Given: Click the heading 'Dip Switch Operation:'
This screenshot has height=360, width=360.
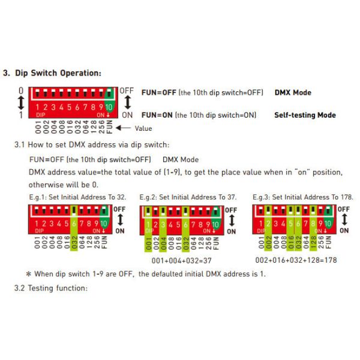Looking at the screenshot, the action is click(58, 73).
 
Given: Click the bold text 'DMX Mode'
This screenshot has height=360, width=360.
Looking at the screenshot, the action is click(293, 92).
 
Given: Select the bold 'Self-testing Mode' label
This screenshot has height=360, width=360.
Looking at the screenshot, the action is click(305, 115).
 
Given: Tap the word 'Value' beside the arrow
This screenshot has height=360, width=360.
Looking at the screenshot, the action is click(143, 128).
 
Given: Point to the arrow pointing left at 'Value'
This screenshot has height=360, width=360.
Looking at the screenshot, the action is click(124, 128).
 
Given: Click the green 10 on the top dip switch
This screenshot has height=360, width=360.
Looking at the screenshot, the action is click(109, 107).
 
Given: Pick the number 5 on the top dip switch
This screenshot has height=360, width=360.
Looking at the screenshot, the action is click(69, 107).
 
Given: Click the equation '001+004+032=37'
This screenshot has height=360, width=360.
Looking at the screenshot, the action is click(182, 260).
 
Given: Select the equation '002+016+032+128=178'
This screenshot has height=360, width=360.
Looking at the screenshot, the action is click(296, 260).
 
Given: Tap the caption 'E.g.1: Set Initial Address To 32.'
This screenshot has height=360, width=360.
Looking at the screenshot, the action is click(77, 197).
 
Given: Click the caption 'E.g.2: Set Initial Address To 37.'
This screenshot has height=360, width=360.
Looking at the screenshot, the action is click(188, 197).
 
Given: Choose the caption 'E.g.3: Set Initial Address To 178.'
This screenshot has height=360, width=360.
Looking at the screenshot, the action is click(303, 197).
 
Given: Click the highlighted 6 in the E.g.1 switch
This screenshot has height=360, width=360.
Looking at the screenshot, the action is click(74, 223).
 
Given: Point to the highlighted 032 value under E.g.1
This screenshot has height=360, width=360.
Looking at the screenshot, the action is click(74, 242).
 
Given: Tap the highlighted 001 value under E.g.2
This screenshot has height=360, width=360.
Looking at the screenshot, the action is click(148, 244).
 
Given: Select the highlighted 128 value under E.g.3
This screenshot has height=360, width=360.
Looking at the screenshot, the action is click(313, 242).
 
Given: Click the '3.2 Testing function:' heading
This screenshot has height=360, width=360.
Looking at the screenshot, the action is click(51, 288).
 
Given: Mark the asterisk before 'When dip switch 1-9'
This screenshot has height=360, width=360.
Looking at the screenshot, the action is click(29, 274).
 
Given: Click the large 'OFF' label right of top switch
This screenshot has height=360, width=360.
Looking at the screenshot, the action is click(127, 91).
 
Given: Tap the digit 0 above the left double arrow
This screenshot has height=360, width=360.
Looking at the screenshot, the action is click(21, 91).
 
